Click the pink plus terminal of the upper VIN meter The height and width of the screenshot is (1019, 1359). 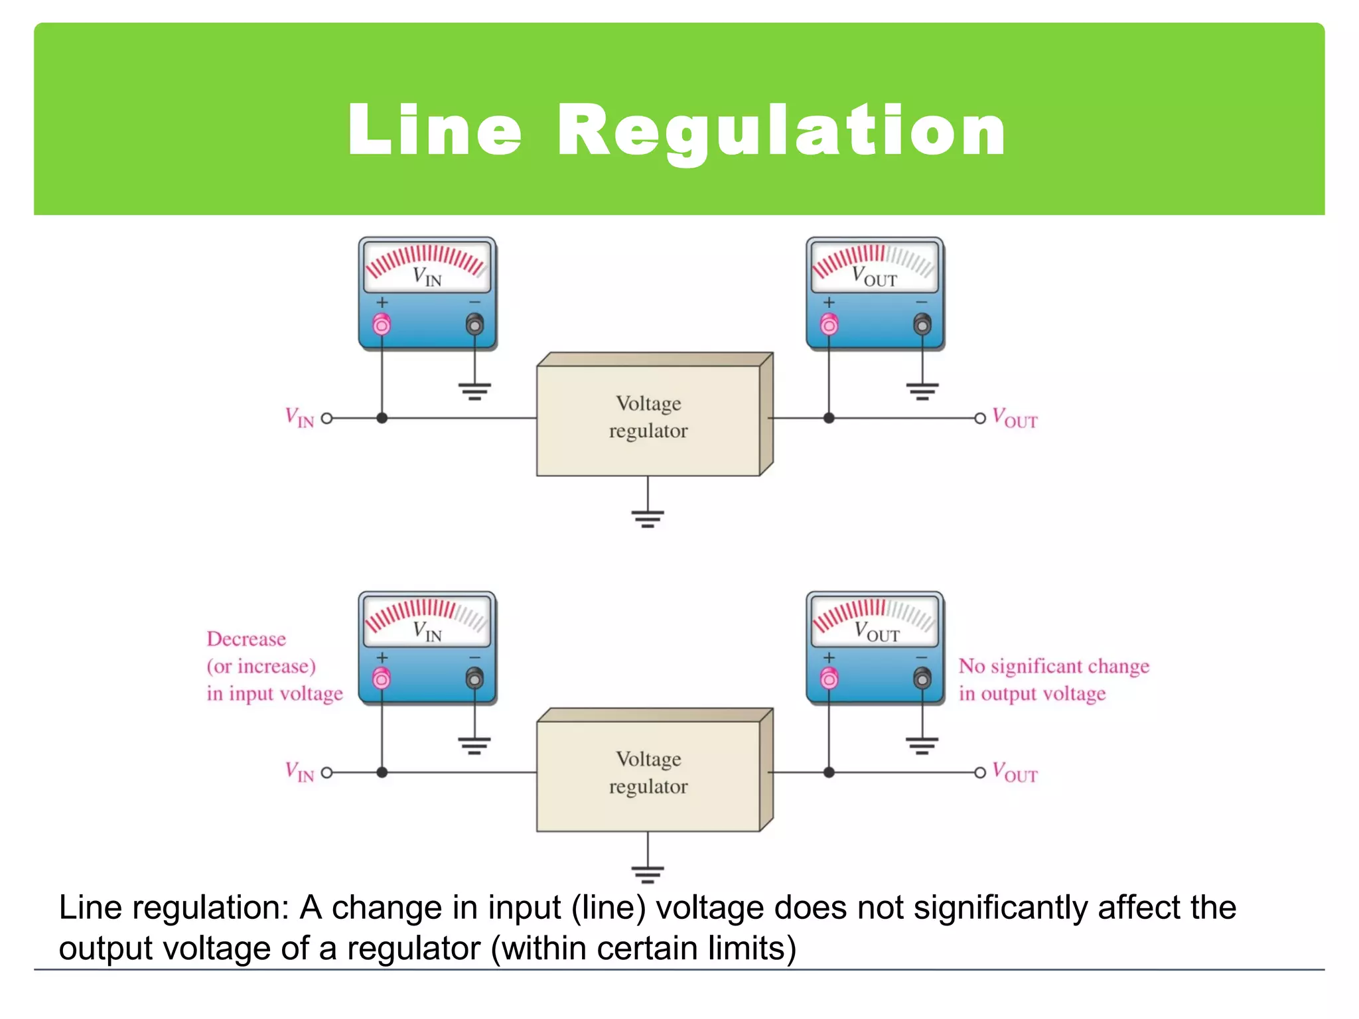(382, 324)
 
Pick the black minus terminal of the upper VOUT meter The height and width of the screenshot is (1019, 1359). (922, 324)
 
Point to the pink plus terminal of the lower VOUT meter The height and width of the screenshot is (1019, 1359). (829, 679)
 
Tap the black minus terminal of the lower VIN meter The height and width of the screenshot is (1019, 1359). (474, 679)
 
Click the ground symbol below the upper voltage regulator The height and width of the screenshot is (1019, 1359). (648, 517)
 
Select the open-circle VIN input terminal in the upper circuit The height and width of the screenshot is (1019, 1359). (326, 419)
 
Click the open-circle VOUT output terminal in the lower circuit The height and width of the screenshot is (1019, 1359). (980, 773)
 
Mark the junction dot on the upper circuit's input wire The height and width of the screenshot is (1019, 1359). (382, 419)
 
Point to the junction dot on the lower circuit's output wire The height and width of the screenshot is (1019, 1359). (829, 773)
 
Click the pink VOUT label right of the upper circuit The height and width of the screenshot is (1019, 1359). (1015, 419)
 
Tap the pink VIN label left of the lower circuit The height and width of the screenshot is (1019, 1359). (299, 772)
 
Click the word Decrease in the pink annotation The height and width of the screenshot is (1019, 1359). (246, 639)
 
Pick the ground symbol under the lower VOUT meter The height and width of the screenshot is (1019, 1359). (922, 746)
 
